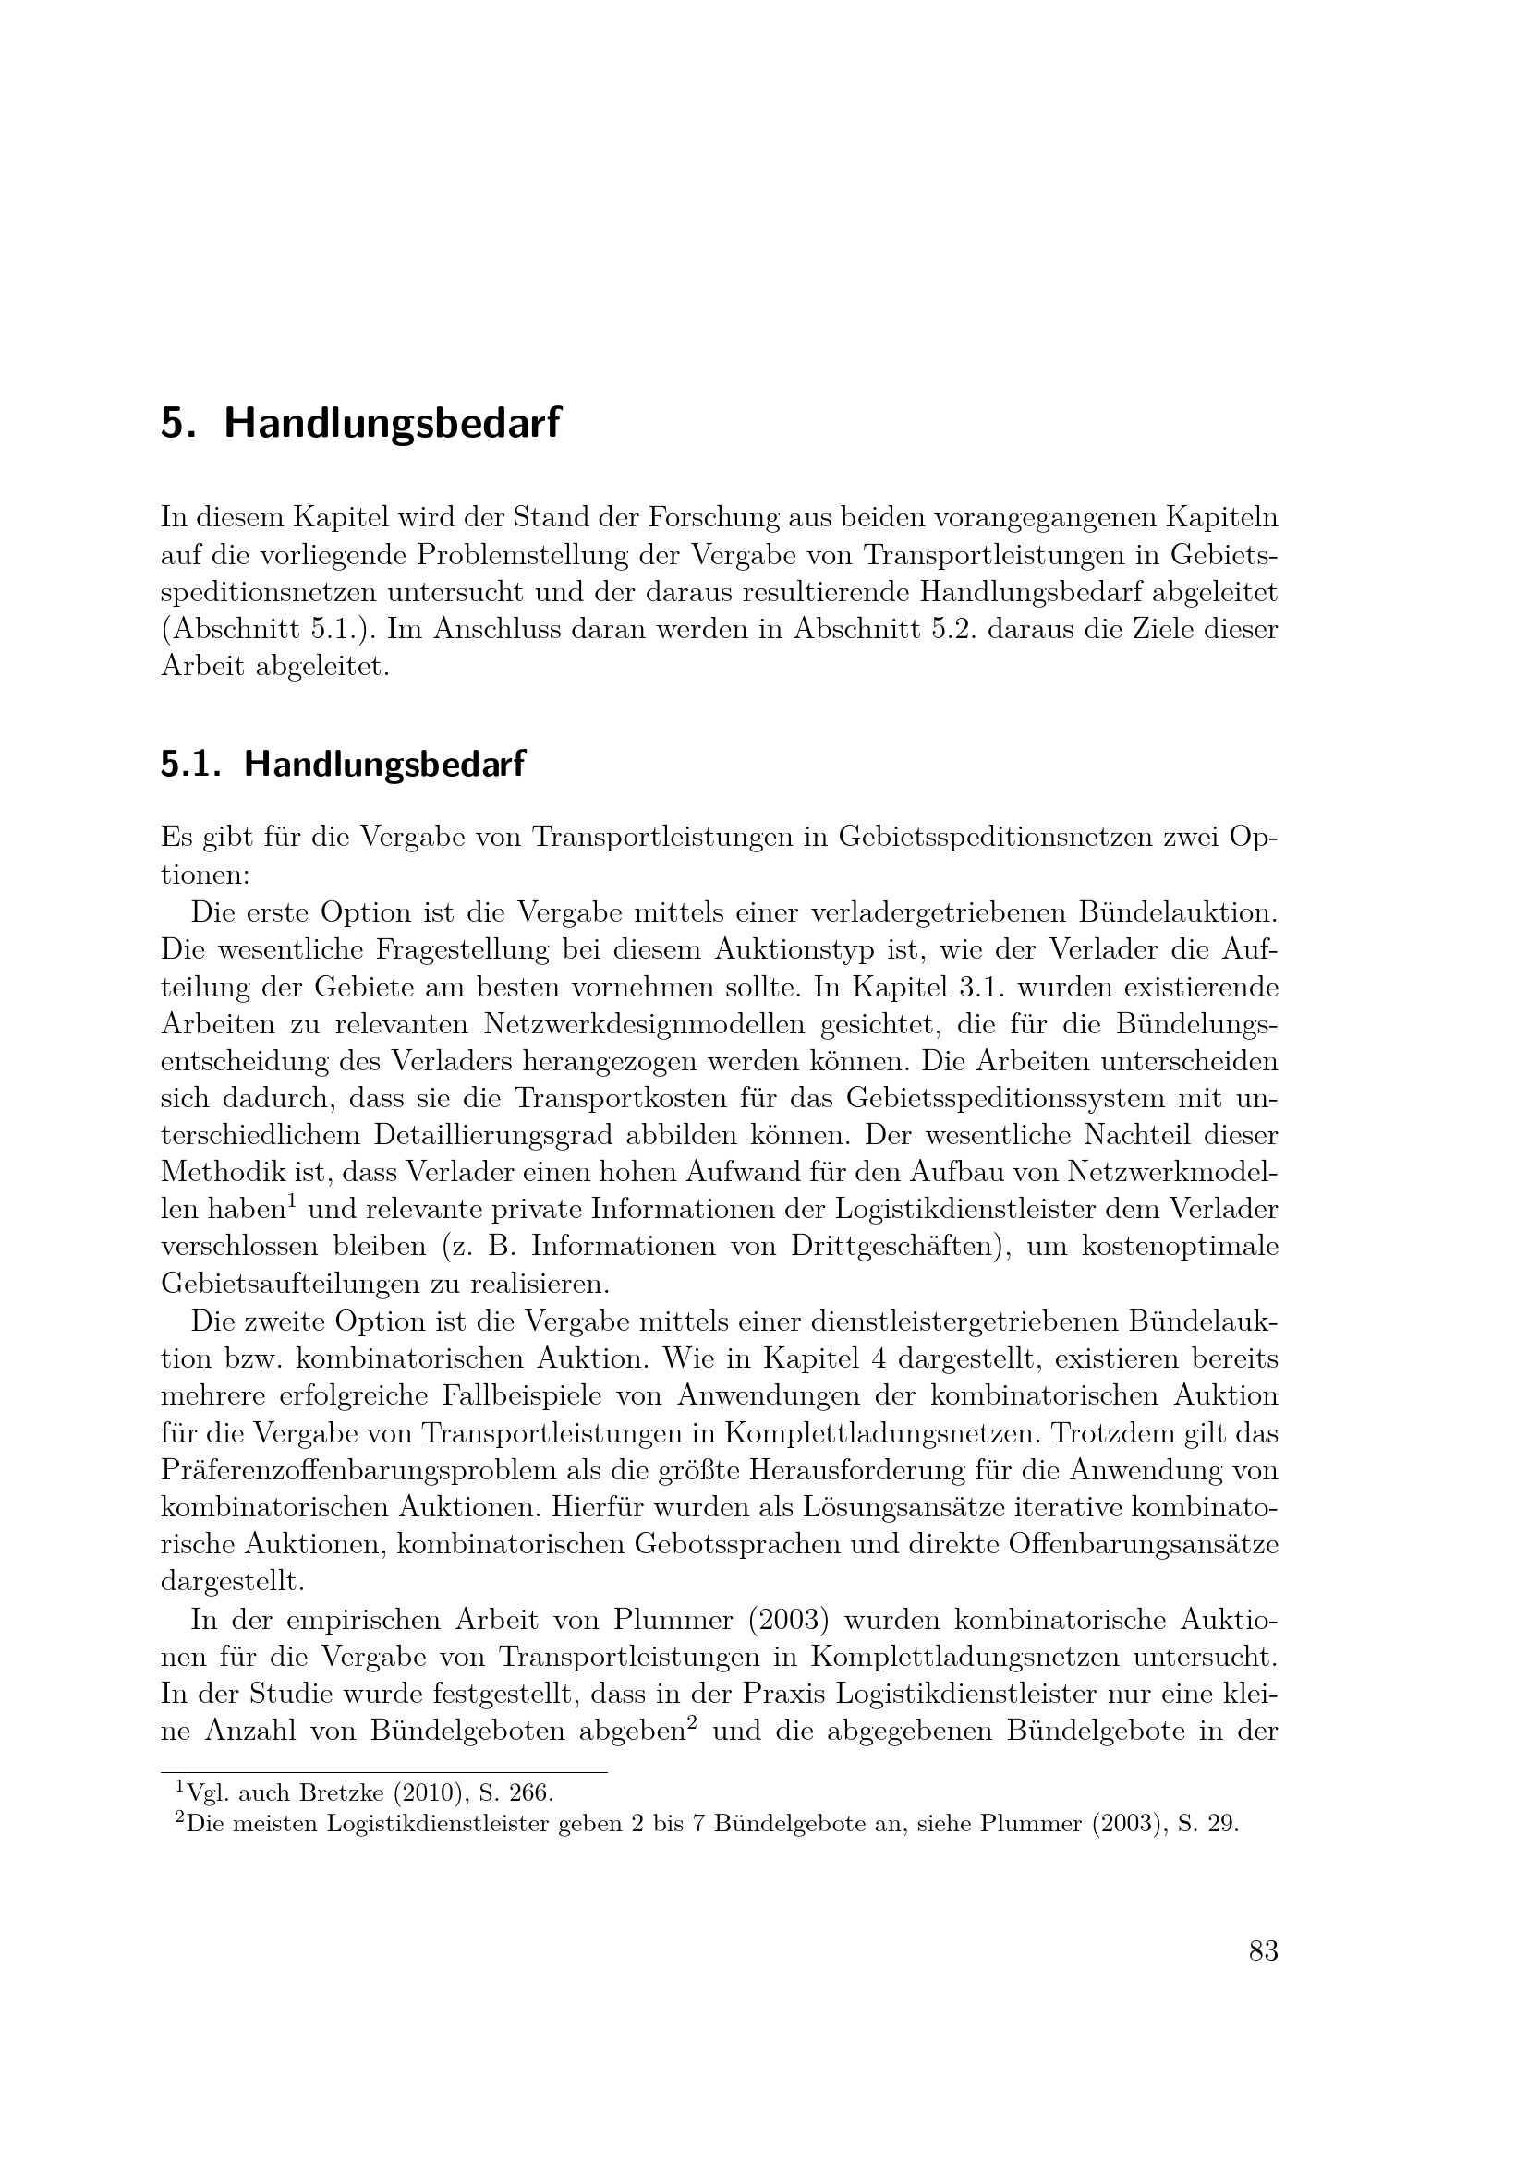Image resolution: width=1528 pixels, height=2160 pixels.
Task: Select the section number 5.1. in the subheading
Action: click(191, 764)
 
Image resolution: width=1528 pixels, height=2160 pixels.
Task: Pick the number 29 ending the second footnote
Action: click(1223, 1824)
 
